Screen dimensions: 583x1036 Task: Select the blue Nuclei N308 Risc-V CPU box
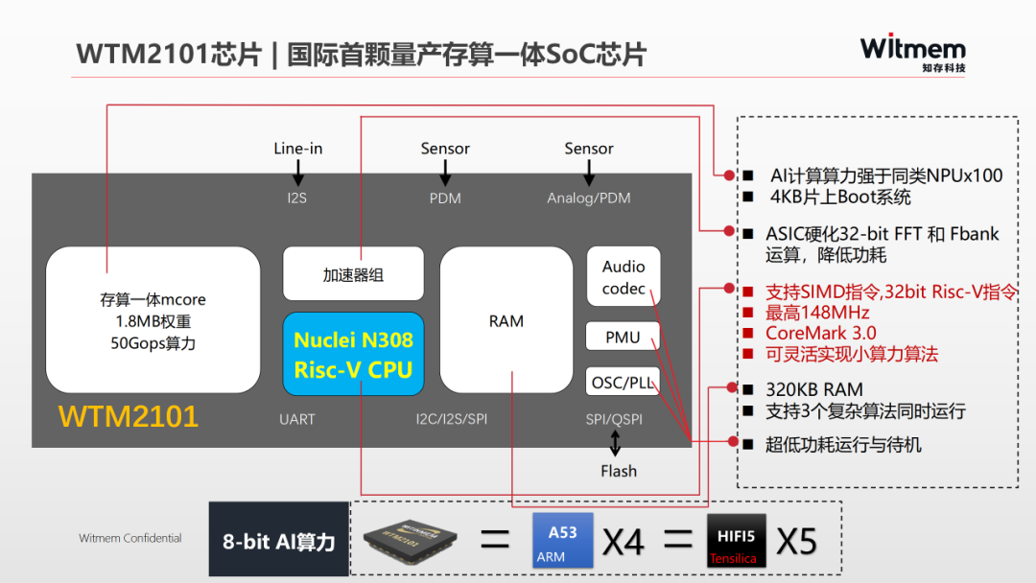(x=353, y=354)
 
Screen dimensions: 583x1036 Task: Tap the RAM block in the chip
(x=506, y=321)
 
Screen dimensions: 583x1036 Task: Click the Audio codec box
(x=624, y=277)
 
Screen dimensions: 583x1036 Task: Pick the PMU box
(x=623, y=337)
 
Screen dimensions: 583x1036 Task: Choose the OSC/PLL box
(x=623, y=382)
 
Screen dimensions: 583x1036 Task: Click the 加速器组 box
(x=353, y=274)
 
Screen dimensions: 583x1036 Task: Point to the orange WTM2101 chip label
(x=129, y=416)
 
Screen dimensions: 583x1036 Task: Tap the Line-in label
(x=298, y=149)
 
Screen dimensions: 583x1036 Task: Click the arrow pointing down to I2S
(x=298, y=174)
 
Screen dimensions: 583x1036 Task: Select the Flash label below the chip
(x=619, y=471)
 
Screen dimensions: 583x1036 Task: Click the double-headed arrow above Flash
(x=616, y=443)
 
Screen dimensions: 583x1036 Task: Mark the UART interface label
(x=297, y=419)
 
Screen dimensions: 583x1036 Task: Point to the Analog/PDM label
(x=589, y=198)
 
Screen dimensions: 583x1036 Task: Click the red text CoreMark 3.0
(x=820, y=334)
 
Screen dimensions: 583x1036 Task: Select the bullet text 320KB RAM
(x=814, y=389)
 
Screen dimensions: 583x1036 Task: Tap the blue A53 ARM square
(x=563, y=540)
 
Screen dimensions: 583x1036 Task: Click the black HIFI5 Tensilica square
(x=736, y=541)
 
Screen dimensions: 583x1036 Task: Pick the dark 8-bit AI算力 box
(x=279, y=540)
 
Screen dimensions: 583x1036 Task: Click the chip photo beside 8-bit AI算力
(x=412, y=541)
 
